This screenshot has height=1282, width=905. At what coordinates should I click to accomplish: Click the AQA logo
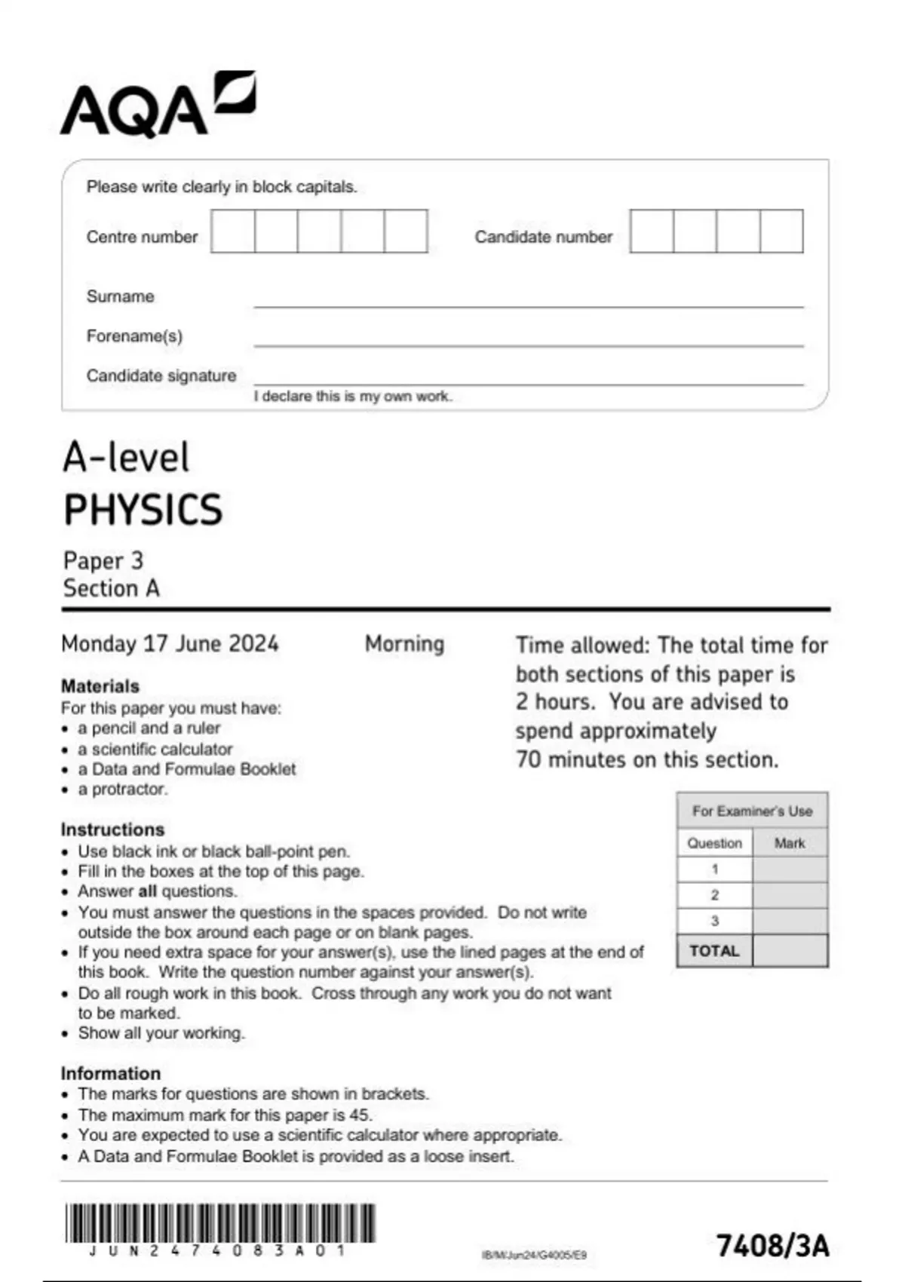coord(157,106)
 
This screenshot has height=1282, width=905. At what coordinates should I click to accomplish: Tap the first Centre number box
coord(233,232)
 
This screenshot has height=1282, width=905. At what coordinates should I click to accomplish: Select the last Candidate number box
coord(781,232)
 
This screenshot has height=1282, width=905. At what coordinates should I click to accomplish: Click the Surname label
coord(120,296)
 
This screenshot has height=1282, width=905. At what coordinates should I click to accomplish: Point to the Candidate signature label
coord(161,376)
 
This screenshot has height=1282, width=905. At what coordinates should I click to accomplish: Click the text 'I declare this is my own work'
coord(352,397)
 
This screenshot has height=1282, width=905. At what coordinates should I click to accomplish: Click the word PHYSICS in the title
coord(143,510)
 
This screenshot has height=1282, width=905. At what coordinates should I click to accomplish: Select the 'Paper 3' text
coord(103,560)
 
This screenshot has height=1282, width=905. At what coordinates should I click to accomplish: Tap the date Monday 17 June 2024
coord(170,644)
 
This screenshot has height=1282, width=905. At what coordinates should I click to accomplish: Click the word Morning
coord(404,644)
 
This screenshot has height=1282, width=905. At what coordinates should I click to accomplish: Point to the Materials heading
coord(100,686)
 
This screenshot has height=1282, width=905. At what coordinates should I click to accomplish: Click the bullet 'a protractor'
coord(123,790)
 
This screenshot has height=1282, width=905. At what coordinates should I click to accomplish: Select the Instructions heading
coord(112,830)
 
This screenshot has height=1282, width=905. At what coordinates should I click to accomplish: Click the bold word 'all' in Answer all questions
coord(147,891)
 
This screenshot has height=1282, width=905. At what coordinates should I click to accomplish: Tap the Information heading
coord(111,1073)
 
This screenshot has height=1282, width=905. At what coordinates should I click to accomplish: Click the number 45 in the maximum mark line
coord(360,1115)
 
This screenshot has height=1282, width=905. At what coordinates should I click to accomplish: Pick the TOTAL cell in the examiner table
coord(714,951)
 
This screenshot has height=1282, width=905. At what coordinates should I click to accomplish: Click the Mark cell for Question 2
coord(790,895)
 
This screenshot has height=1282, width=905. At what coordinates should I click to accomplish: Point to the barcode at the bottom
coord(219,1223)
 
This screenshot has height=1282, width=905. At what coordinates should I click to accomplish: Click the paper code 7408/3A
coord(772,1246)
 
